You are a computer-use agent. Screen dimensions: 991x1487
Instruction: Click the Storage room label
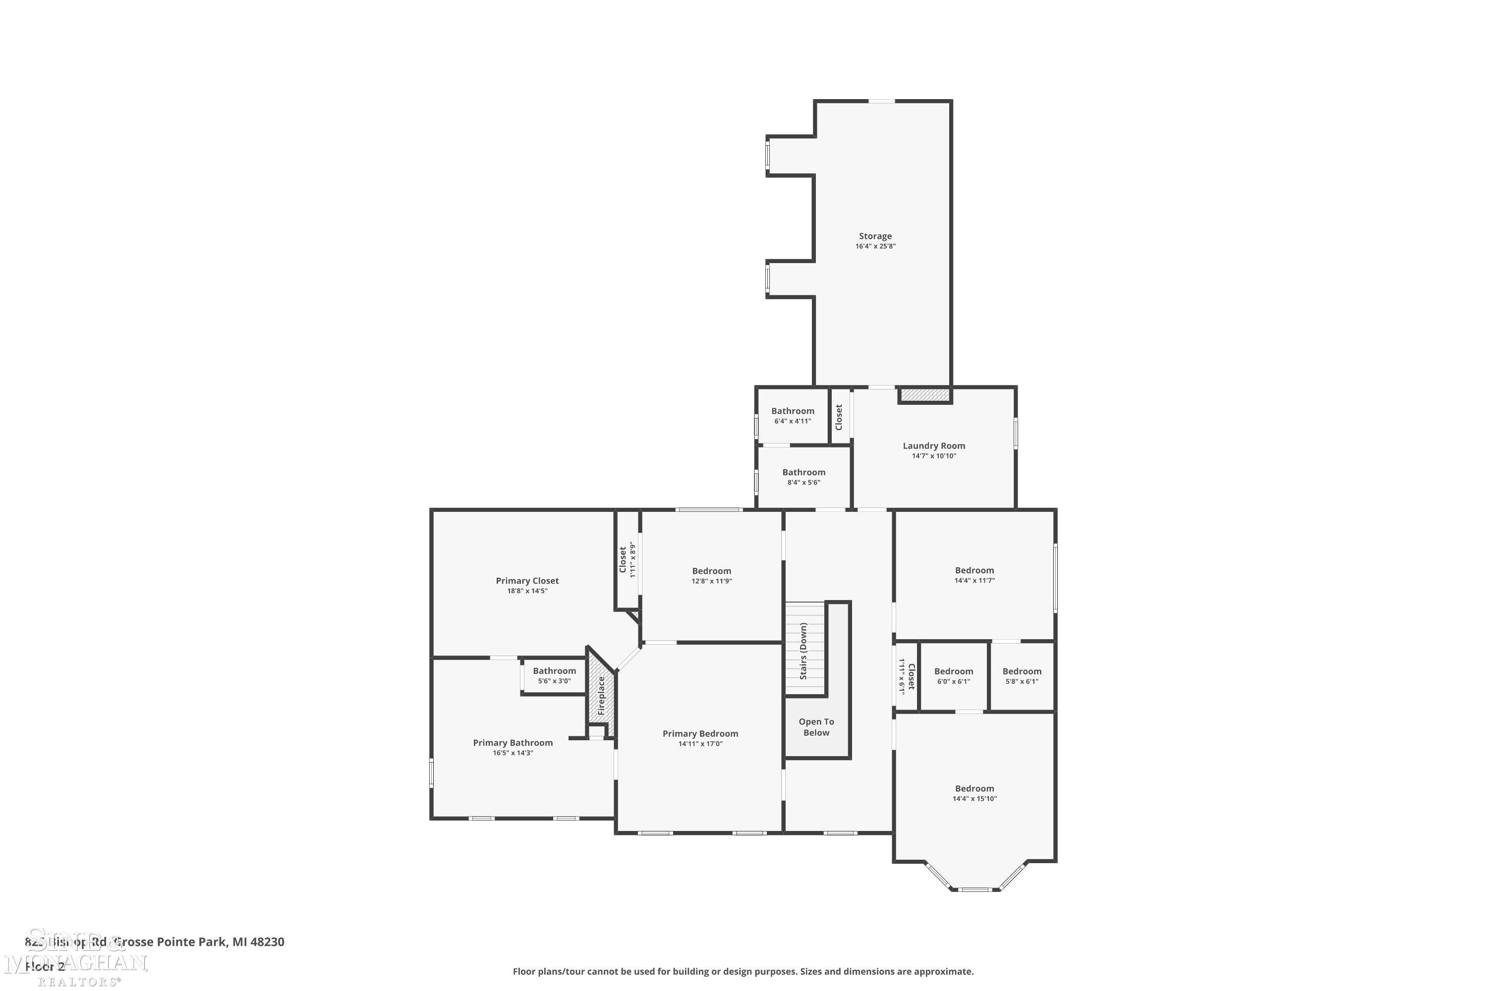(x=875, y=236)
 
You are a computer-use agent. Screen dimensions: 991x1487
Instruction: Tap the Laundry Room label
(x=934, y=445)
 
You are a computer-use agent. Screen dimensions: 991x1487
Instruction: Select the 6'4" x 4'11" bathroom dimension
(x=792, y=421)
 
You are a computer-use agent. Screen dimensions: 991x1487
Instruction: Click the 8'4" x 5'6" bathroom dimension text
(x=803, y=482)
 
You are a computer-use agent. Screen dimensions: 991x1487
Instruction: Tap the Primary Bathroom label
(x=513, y=743)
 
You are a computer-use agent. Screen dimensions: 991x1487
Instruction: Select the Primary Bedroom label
(x=700, y=734)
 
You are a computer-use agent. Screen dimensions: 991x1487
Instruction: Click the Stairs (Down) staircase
(x=805, y=650)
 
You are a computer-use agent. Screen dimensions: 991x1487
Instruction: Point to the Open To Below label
(x=816, y=727)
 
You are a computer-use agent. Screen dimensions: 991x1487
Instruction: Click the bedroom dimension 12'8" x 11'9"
(x=711, y=581)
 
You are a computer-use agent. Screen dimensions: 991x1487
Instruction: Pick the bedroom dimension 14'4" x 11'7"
(x=974, y=580)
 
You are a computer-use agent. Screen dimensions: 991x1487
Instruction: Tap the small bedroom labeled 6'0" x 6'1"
(x=953, y=676)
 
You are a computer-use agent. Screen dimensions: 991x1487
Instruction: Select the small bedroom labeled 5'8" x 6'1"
(x=1022, y=676)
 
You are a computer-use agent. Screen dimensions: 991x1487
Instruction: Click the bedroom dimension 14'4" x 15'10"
(x=974, y=798)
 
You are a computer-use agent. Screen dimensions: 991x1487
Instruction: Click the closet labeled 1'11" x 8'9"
(x=627, y=559)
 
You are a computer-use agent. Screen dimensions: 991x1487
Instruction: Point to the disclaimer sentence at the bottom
(x=743, y=971)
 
